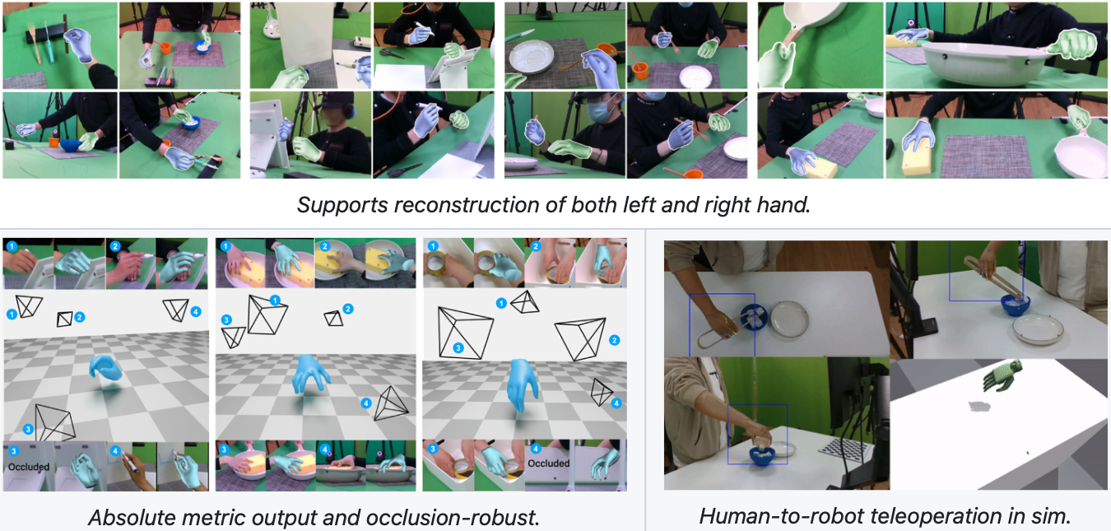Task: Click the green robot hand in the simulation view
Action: pos(1002,376)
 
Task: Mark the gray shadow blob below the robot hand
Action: pos(979,407)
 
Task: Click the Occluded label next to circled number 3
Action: pos(29,467)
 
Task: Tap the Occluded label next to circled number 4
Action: pos(549,463)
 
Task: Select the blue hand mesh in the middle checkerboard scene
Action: pos(310,375)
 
